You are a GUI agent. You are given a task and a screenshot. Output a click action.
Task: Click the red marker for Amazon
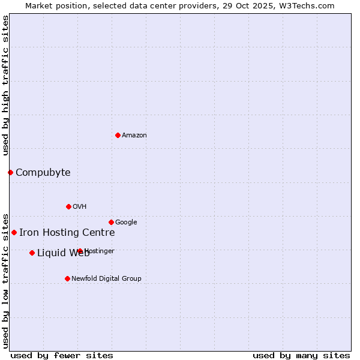pos(118,135)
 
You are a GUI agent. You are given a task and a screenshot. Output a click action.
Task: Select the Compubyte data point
pos(10,173)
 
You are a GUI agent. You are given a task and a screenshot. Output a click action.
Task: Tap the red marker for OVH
pos(68,206)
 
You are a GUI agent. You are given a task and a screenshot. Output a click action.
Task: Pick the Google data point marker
pos(111,222)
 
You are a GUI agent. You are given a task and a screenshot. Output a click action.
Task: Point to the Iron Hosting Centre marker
pos(14,232)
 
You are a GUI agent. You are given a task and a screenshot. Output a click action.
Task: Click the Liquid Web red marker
pos(32,253)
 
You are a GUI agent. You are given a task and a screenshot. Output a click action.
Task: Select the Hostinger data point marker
pos(80,251)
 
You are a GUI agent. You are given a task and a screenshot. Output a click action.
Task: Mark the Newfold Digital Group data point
pos(67,278)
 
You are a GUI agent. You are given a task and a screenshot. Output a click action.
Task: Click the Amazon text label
pos(134,136)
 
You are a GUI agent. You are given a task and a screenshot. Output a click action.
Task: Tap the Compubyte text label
pos(43,173)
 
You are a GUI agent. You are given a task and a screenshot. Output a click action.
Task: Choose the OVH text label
pos(79,207)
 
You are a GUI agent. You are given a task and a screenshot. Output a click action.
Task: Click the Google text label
pos(126,223)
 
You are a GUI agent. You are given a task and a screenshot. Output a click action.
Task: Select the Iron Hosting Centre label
pos(67,233)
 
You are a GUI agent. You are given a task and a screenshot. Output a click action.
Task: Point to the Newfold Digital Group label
pos(106,279)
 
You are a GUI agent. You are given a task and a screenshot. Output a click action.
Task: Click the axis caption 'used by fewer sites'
pos(62,355)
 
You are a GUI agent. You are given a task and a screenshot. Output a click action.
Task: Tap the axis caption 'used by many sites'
pos(301,355)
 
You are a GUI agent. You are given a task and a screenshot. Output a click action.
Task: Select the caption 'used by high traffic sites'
pos(6,85)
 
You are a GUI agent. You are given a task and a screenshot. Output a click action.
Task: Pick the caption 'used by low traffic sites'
pos(6,280)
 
